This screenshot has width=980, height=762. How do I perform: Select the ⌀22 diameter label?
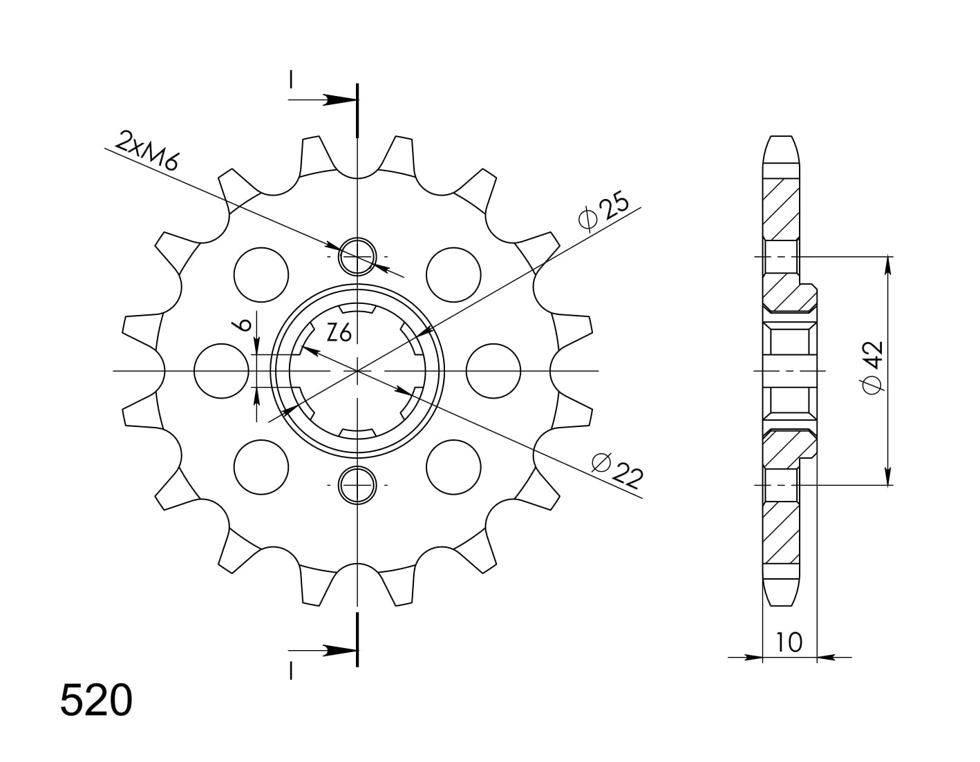618,470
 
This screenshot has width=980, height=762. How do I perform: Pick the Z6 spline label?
339,334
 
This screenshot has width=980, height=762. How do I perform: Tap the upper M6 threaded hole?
357,256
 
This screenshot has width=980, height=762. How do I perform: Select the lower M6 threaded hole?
357,486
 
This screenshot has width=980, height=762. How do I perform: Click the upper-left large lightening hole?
261,274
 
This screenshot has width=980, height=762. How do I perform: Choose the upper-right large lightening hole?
453,274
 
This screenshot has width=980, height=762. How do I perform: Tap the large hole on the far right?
493,371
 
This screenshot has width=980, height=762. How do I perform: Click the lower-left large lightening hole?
261,468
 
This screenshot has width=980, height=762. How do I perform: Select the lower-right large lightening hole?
453,468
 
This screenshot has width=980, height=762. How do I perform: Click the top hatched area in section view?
781,207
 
